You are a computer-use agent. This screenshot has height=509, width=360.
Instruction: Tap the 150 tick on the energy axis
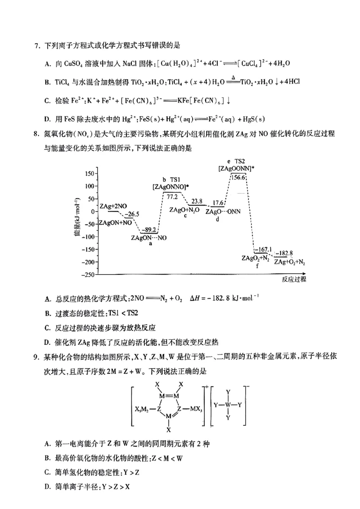[x=89, y=174]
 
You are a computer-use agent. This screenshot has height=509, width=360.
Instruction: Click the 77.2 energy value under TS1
[x=172, y=196]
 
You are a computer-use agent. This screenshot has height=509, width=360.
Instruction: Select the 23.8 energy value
[x=197, y=201]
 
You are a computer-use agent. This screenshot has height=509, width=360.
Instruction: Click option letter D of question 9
[x=47, y=486]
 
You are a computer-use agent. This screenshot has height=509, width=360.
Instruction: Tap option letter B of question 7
[x=47, y=81]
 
